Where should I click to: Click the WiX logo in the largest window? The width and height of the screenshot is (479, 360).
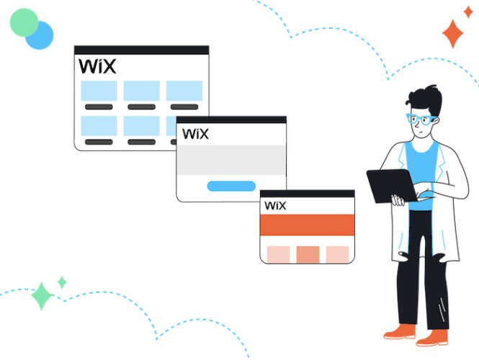point(97,66)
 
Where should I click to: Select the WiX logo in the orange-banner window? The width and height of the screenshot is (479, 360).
point(275,206)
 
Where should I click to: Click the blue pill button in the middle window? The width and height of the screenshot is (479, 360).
point(230,186)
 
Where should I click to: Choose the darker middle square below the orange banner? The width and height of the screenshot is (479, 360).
point(308,254)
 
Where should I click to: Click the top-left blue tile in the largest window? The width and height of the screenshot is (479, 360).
point(98,91)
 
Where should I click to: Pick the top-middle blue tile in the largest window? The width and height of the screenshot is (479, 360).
point(141,91)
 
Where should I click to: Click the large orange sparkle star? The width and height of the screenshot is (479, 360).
point(453,34)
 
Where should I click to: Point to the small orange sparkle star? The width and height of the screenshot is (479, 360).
point(468,12)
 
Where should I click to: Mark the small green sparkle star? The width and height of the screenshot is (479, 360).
point(62,282)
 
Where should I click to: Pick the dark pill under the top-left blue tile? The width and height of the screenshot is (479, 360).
point(98,107)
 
